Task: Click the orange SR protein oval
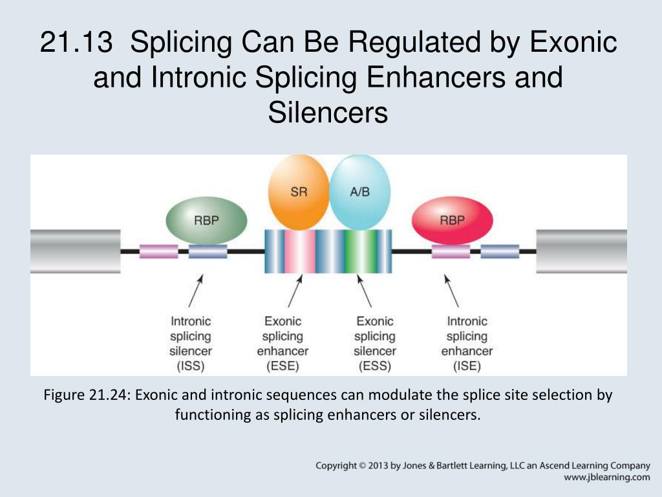(299, 193)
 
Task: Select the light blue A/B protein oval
(360, 193)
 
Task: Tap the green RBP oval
(207, 221)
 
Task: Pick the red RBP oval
(452, 221)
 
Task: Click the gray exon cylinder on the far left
(75, 251)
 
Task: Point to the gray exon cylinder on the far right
(581, 251)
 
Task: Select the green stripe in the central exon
(354, 251)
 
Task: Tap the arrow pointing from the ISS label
(196, 290)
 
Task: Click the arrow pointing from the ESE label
(295, 290)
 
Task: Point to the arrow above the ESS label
(364, 290)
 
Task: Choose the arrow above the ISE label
(451, 290)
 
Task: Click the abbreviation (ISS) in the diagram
(191, 367)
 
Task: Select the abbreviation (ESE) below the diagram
(283, 367)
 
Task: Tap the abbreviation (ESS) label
(374, 367)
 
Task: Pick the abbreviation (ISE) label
(467, 367)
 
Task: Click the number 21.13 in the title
(78, 43)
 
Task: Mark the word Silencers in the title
(328, 113)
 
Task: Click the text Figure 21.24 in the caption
(87, 395)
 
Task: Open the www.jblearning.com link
(606, 478)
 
